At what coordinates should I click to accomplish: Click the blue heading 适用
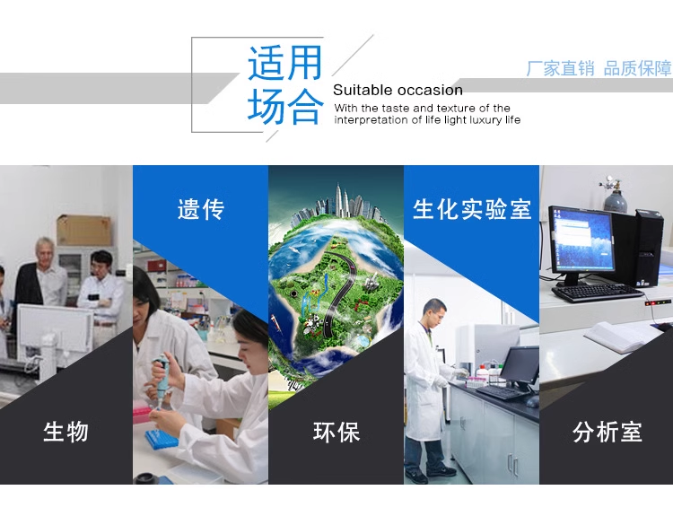coord(284,63)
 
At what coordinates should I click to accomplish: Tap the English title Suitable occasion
coord(398,90)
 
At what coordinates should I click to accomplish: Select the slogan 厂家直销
coord(560,69)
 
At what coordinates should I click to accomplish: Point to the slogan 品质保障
coord(637,69)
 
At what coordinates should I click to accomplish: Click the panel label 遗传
coord(201,209)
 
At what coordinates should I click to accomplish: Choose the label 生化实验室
coord(472,209)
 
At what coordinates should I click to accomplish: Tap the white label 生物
coord(66,432)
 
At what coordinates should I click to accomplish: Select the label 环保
coord(336,432)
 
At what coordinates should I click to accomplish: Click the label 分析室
coord(607,432)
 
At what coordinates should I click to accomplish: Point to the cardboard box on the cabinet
coord(84,230)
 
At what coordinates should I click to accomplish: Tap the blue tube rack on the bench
coord(161,439)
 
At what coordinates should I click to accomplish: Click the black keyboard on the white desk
coord(598,293)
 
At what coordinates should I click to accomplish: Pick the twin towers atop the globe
coord(340,199)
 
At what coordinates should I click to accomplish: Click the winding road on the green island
coord(336,292)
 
